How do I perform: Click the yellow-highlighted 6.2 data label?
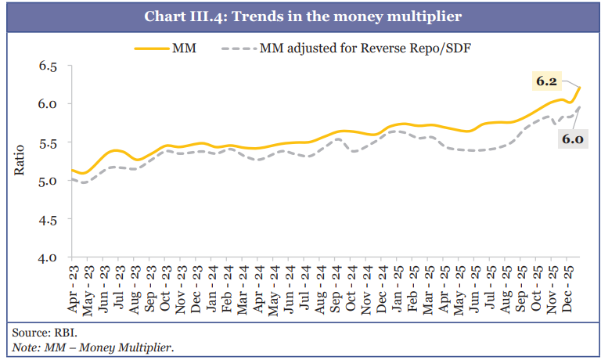click(x=546, y=81)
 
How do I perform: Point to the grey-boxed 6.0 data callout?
click(x=570, y=139)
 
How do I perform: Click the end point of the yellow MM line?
click(x=580, y=87)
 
